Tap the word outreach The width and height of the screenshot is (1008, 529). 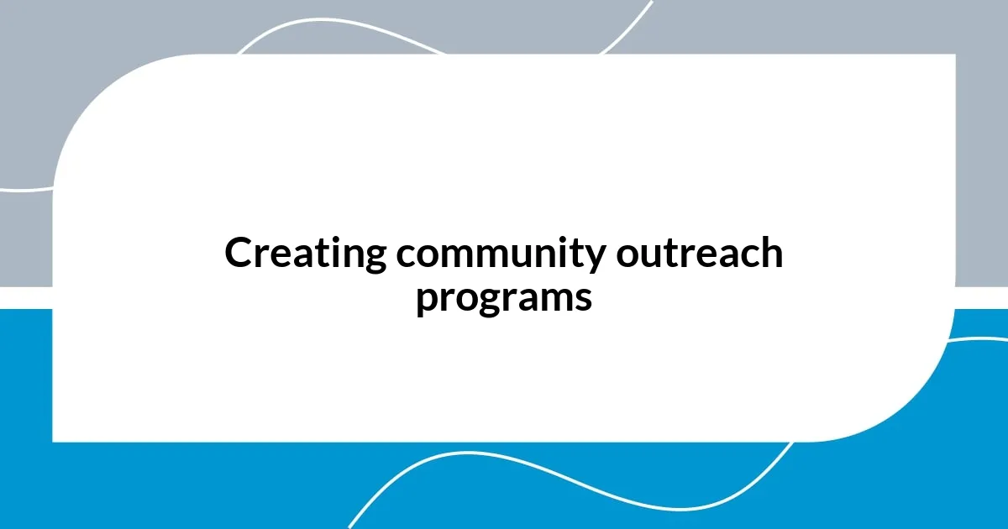699,254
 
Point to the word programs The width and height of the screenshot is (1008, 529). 504,298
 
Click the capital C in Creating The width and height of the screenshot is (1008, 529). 239,254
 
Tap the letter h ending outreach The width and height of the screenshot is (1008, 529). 771,253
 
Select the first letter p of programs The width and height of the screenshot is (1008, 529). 427,302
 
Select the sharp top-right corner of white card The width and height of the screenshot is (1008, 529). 953,56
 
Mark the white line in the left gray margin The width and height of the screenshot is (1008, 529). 25,190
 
